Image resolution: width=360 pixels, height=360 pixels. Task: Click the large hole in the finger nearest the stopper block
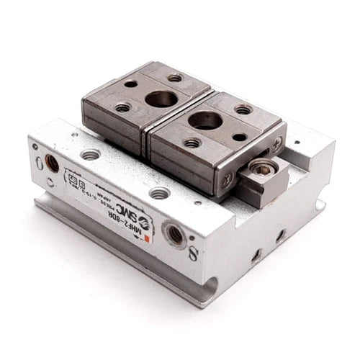pyautogui.click(x=205, y=122)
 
